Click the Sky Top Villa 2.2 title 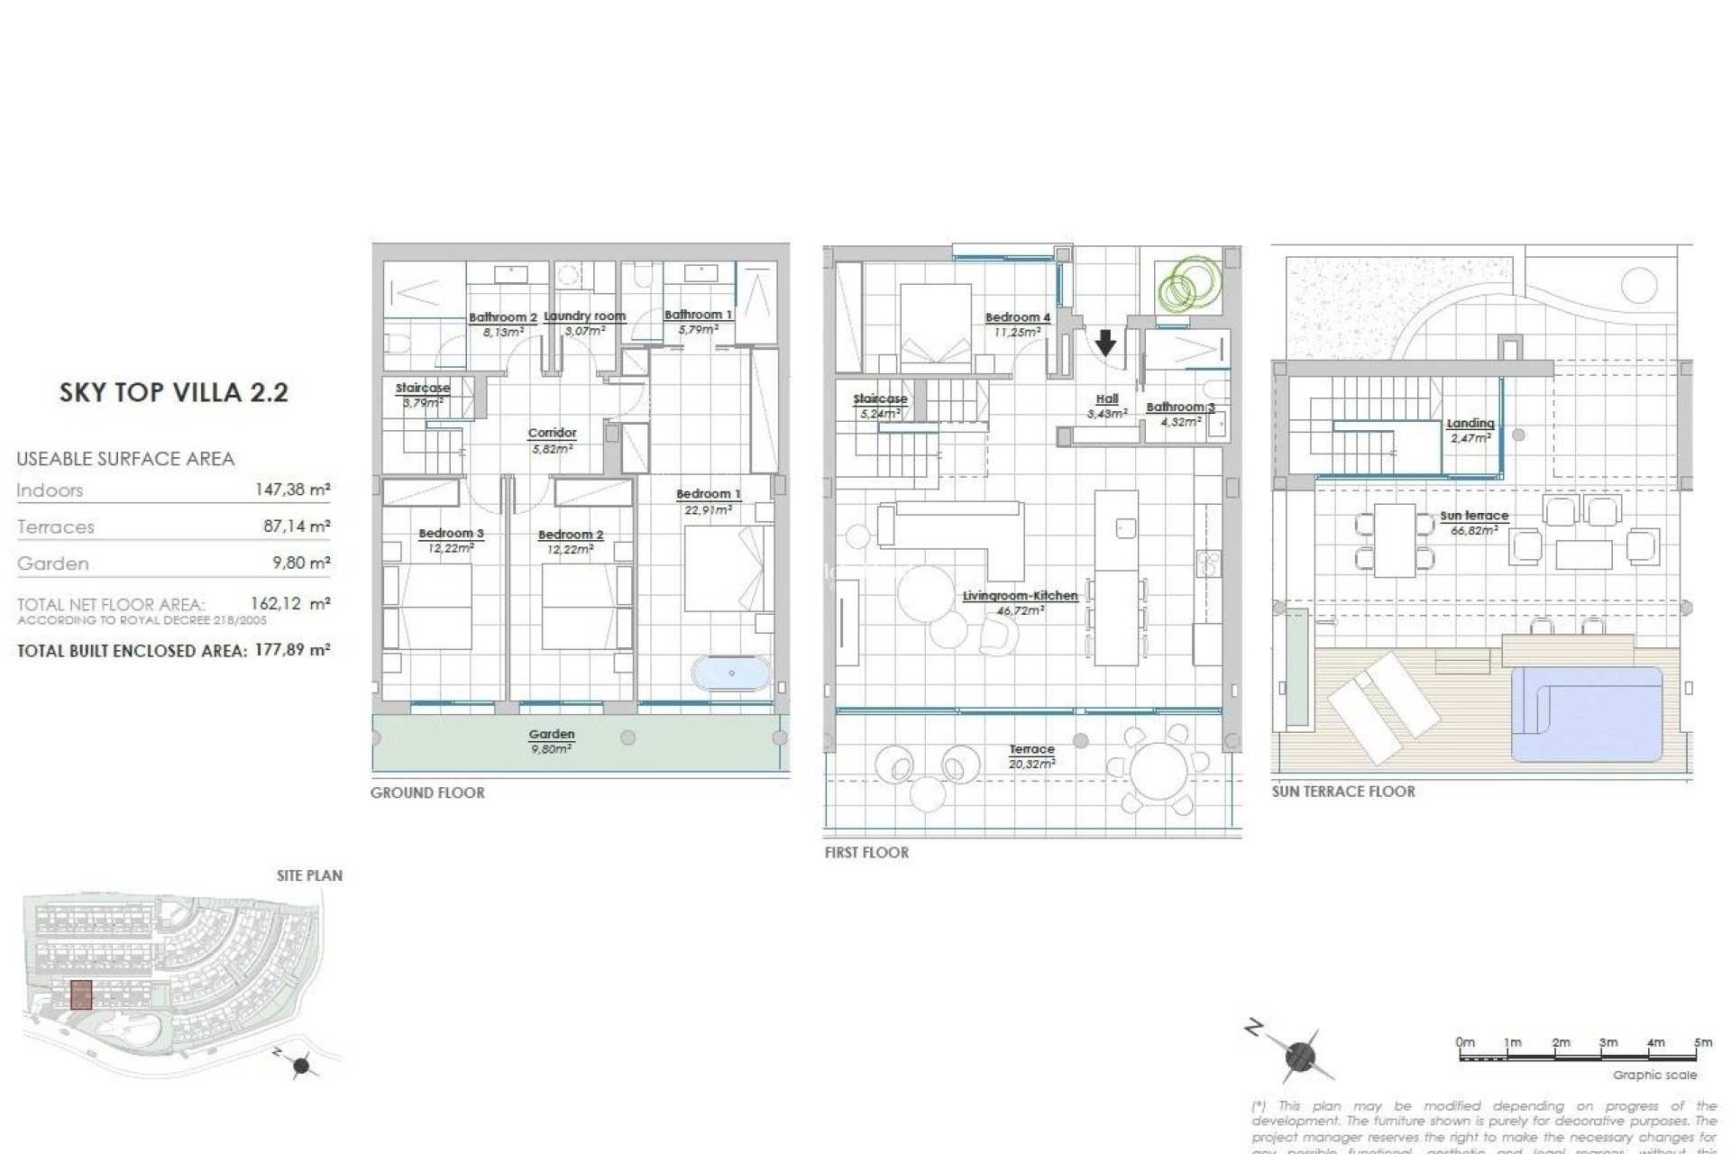pyautogui.click(x=174, y=392)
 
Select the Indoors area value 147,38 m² pyautogui.click(x=293, y=490)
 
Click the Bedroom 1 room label pyautogui.click(x=708, y=494)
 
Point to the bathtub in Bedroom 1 pyautogui.click(x=731, y=673)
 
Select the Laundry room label pyautogui.click(x=585, y=316)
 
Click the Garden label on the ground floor pyautogui.click(x=552, y=735)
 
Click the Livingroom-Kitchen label pyautogui.click(x=1020, y=596)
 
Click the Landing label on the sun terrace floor pyautogui.click(x=1470, y=423)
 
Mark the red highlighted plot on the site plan pyautogui.click(x=81, y=994)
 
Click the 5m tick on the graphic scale pyautogui.click(x=1702, y=1043)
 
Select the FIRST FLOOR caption pyautogui.click(x=866, y=852)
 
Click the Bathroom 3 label pyautogui.click(x=1180, y=408)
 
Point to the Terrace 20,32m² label pyautogui.click(x=1031, y=756)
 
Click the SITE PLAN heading pyautogui.click(x=309, y=875)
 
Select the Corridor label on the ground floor pyautogui.click(x=552, y=434)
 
